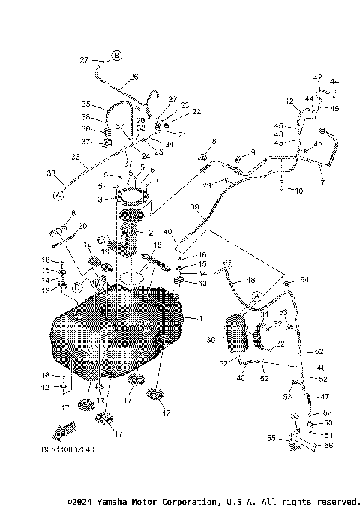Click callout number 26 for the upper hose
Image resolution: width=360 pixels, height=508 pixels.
[133, 77]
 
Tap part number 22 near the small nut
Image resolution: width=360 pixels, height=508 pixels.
[175, 111]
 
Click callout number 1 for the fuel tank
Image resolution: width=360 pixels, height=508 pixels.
[200, 319]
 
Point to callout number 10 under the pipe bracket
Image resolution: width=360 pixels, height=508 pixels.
[298, 191]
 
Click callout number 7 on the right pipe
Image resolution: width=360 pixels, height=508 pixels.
[322, 182]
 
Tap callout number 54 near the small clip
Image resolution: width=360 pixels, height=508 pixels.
[304, 280]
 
